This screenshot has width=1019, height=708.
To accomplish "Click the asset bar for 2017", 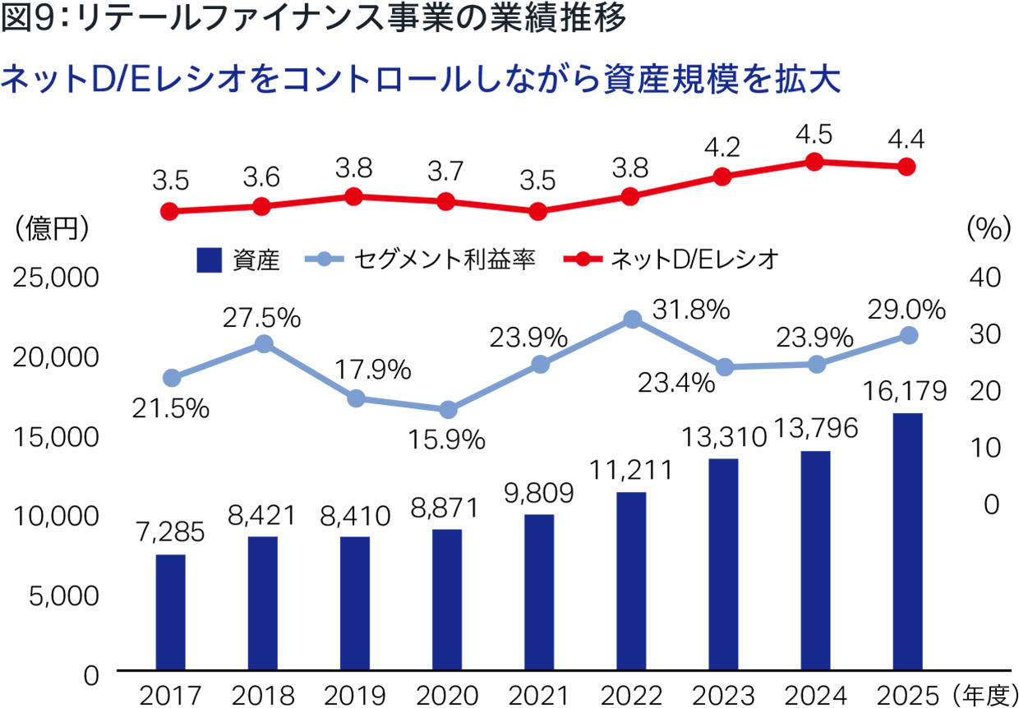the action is click(171, 612).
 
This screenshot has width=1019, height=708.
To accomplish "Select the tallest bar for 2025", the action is click(907, 541).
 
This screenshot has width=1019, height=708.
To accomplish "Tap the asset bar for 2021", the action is click(539, 592).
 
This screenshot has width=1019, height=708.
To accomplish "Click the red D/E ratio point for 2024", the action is click(814, 162).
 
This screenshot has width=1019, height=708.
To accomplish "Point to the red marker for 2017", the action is click(169, 211).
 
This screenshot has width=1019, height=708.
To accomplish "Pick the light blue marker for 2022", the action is click(632, 320).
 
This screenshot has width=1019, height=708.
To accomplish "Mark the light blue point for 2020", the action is click(448, 410).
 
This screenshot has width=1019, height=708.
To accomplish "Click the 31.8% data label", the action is click(691, 310).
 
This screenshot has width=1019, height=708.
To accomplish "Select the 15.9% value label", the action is click(447, 439).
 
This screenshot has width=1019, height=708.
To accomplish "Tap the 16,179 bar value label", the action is click(905, 391).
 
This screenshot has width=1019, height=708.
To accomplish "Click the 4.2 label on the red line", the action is click(722, 148).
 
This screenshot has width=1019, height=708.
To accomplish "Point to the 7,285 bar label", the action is click(171, 531).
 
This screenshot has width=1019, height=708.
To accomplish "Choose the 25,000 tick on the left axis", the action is click(56, 278).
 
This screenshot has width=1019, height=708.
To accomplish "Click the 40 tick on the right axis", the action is click(984, 277).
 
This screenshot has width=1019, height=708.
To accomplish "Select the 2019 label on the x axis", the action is click(355, 695).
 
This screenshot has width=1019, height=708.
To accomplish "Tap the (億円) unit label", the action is click(52, 228).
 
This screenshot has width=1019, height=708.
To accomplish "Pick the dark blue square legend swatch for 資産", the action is click(210, 260).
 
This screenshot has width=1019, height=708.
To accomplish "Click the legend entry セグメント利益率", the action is click(445, 260).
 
